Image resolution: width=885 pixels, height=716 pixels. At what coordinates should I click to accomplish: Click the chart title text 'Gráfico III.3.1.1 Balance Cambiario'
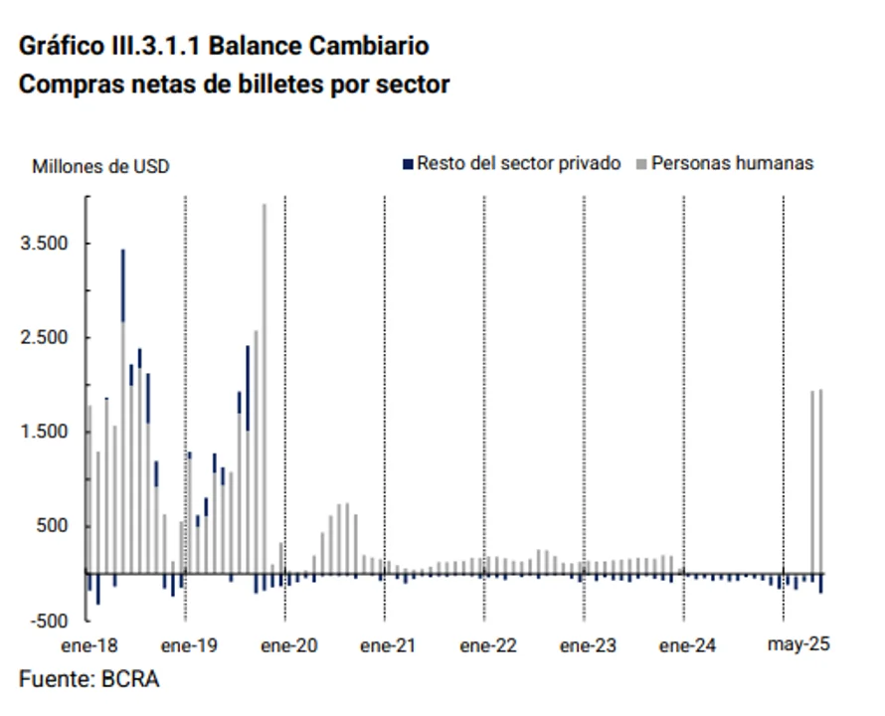224,46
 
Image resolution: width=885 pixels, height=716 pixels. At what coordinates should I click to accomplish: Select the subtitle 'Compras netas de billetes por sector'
234,85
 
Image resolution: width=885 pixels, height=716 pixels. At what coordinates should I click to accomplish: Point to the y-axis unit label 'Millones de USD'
100,166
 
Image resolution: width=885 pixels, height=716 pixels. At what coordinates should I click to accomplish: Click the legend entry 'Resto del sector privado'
518,163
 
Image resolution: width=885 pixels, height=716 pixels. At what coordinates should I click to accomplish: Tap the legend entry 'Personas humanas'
732,163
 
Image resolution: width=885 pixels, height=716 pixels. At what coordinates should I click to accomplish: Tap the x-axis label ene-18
88,645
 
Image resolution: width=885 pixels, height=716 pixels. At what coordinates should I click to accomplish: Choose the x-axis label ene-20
288,645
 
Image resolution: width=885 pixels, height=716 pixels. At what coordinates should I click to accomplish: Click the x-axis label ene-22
488,645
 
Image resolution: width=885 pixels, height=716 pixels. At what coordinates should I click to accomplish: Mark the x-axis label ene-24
687,645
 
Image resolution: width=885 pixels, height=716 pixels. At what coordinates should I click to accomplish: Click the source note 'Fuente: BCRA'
88,680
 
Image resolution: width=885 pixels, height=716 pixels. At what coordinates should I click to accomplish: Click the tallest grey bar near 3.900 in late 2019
265,388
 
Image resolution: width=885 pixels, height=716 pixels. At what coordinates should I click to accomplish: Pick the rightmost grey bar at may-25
820,481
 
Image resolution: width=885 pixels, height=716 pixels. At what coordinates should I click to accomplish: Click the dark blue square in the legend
407,163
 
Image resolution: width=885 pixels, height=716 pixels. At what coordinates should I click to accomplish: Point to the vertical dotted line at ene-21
385,398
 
